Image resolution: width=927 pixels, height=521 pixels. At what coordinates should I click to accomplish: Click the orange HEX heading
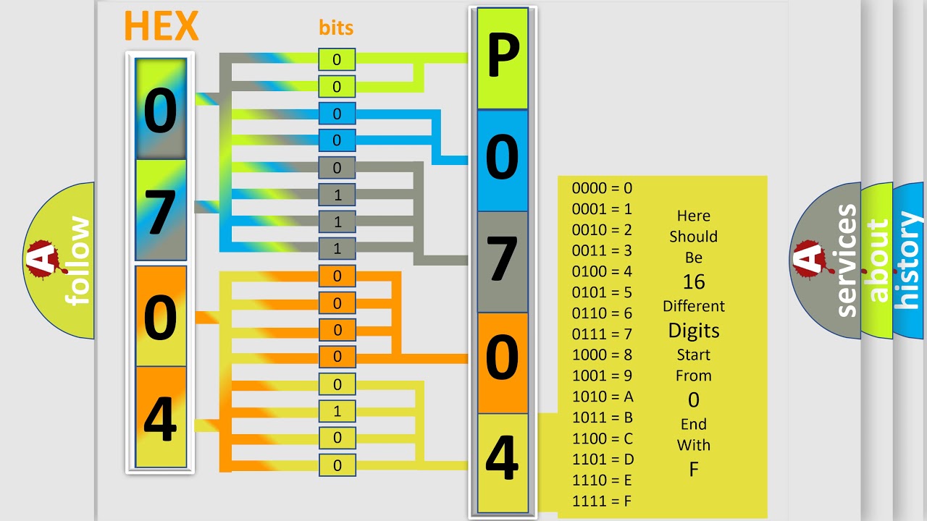161,27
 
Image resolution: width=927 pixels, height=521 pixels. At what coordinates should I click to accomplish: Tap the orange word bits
336,27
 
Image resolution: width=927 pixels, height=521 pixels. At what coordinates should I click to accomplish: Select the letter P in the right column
502,58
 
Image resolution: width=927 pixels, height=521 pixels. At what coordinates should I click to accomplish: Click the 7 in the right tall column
502,260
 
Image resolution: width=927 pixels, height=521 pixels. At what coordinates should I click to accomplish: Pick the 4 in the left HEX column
160,418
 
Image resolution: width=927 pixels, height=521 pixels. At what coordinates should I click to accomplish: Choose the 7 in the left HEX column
160,211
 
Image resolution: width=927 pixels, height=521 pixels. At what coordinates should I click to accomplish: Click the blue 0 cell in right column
502,159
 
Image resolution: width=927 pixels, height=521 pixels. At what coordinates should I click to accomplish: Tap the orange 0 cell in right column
502,362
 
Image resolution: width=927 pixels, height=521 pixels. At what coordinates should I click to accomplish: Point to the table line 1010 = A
603,397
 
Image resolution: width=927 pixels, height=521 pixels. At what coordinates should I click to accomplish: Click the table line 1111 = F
603,501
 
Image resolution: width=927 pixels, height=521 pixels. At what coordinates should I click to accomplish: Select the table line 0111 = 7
603,334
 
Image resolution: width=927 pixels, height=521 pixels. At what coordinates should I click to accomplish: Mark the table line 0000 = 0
603,188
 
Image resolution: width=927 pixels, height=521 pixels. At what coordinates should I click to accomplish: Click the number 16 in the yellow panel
693,281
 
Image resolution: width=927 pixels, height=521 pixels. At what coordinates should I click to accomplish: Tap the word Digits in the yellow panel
693,331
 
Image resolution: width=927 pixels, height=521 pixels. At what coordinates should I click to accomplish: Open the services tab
846,260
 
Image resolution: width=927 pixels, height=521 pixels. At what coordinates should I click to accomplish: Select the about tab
878,260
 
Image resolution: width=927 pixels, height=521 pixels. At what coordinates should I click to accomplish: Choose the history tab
908,260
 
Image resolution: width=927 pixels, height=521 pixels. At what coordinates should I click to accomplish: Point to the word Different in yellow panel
693,306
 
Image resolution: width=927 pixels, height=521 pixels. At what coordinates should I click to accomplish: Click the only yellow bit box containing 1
337,412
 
